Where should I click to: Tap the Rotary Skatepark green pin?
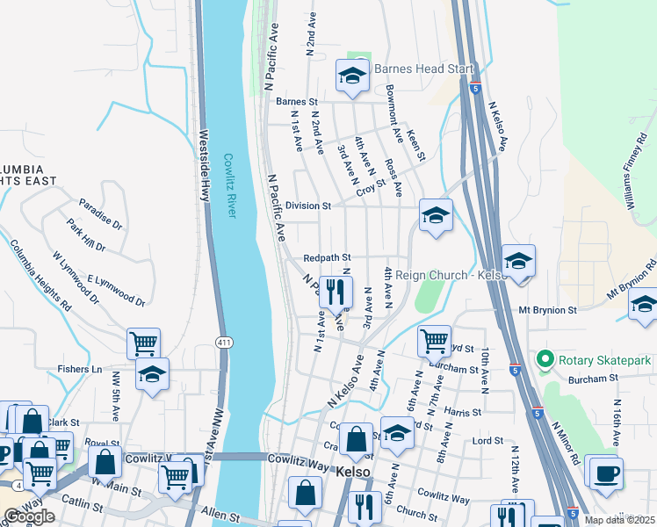pos(545,359)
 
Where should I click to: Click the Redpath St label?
pos(327,258)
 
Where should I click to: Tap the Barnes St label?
pos(295,102)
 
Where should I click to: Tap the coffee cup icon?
pos(606,473)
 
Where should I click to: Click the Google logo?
pos(29,516)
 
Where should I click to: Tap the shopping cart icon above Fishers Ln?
pos(144,343)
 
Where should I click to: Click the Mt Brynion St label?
pos(547,310)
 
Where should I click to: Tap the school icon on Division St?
pos(436,215)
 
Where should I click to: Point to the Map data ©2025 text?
pos(619,520)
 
